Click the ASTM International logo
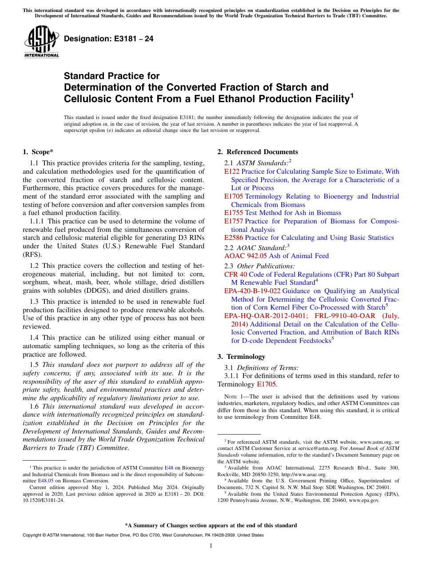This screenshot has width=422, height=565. pos(41,42)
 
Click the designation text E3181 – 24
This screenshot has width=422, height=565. pos(109,39)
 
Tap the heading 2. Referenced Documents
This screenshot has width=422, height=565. pos(258,152)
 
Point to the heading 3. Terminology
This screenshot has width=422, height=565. pos(241,357)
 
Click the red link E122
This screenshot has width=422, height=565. pos(232,171)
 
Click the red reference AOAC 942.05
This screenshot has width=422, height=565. pos(246,256)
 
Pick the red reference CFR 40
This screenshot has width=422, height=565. pos(235,275)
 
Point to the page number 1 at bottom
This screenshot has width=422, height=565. pos(211,546)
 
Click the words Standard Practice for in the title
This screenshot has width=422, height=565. pos(111,76)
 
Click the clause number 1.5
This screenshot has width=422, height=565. pos(34,365)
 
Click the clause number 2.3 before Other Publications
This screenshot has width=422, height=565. pos(229,266)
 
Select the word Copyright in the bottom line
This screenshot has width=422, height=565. pos(33,535)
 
